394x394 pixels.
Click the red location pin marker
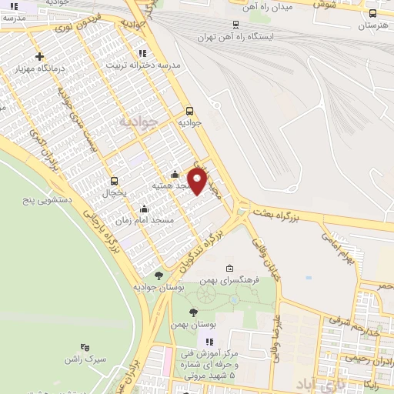[x=197, y=181]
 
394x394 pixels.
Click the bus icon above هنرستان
[x=373, y=13]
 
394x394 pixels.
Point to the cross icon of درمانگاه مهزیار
[x=39, y=56]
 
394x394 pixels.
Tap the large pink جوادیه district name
[x=139, y=121]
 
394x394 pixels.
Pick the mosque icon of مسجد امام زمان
[x=144, y=209]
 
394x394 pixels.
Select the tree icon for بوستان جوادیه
[x=159, y=275]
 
